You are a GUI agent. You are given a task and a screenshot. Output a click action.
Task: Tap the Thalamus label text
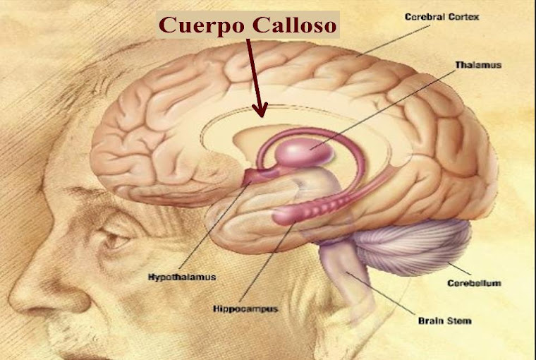[x=477, y=65]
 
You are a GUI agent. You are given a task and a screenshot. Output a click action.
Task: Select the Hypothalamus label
[x=182, y=276]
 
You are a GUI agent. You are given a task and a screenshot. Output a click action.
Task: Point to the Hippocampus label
[x=245, y=308]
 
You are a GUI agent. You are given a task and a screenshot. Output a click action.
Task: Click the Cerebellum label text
[x=474, y=284]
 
